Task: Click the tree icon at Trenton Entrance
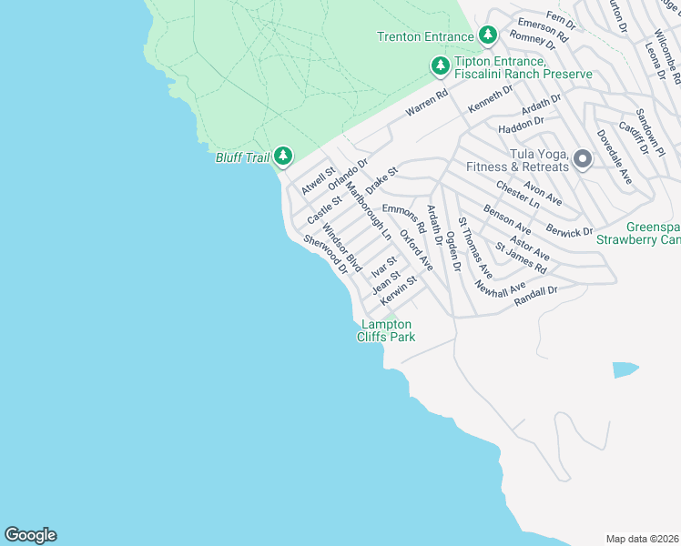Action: click(488, 35)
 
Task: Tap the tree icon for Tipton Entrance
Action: click(440, 66)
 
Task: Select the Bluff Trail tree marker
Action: click(283, 157)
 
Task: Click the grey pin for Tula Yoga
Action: click(583, 159)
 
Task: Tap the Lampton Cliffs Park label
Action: click(387, 330)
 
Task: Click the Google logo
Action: click(30, 535)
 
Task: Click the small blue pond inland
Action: click(625, 369)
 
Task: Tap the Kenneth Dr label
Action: click(490, 98)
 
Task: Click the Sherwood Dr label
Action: click(326, 253)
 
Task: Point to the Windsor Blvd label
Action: click(343, 248)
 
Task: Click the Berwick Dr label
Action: click(569, 228)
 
